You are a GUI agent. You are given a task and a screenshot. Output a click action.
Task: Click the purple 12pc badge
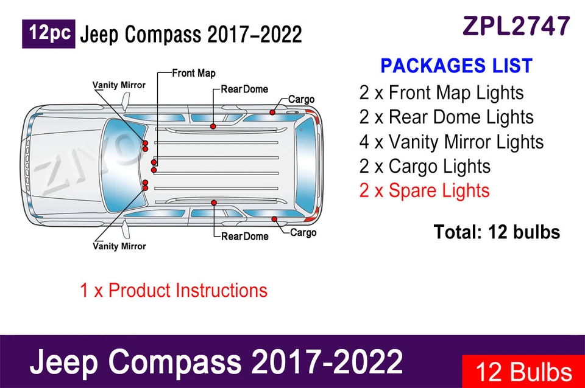pyautogui.click(x=49, y=34)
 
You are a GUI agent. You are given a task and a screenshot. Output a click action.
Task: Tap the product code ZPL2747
pyautogui.click(x=517, y=26)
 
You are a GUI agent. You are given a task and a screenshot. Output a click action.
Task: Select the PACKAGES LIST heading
pyautogui.click(x=456, y=66)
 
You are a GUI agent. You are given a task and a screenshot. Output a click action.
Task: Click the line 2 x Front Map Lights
pyautogui.click(x=441, y=93)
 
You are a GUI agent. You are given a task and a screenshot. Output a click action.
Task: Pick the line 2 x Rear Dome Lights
pyautogui.click(x=446, y=117)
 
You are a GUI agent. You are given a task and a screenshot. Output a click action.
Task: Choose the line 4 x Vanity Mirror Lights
pyautogui.click(x=451, y=142)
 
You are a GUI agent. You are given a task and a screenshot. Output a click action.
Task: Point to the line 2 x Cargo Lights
pyautogui.click(x=425, y=166)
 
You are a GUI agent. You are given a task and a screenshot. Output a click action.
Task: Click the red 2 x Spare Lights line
pyautogui.click(x=424, y=190)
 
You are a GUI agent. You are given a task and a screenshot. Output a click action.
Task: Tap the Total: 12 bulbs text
pyautogui.click(x=497, y=232)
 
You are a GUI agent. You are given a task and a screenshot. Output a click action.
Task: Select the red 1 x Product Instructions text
pyautogui.click(x=174, y=290)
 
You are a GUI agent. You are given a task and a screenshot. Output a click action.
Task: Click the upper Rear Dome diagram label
pyautogui.click(x=244, y=89)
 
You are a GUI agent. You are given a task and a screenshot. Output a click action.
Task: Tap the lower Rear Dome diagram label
pyautogui.click(x=244, y=236)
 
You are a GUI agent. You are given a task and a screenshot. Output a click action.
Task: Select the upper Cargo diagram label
pyautogui.click(x=301, y=99)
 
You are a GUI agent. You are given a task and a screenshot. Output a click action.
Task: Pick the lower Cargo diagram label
pyautogui.click(x=303, y=232)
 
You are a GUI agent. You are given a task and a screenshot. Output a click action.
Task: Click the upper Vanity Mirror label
pyautogui.click(x=119, y=85)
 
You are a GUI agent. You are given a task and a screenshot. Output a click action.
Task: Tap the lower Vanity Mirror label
pyautogui.click(x=119, y=246)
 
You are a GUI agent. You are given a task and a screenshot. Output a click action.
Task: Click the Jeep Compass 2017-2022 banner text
pyautogui.click(x=216, y=362)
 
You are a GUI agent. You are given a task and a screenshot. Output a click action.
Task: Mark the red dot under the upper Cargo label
pyautogui.click(x=273, y=113)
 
